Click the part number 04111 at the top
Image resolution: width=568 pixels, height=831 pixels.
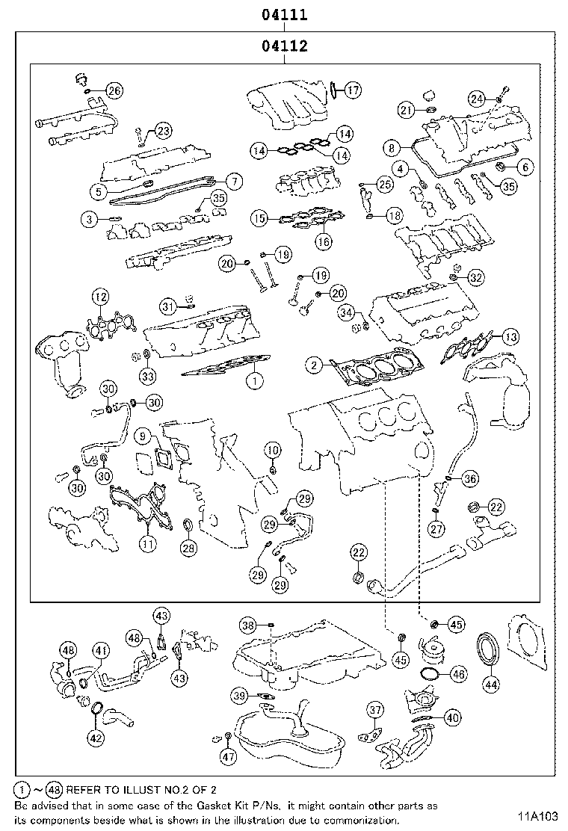pos(284,14)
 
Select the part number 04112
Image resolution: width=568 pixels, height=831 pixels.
pos(284,46)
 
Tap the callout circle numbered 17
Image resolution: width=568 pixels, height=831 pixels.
pos(353,90)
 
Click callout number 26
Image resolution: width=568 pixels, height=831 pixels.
pos(114,90)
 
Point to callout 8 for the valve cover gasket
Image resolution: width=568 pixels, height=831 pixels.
pos(392,148)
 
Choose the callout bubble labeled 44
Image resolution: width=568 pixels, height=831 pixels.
pos(491,685)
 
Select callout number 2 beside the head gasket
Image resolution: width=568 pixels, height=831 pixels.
pos(314,365)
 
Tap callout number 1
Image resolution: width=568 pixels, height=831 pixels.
pos(255,380)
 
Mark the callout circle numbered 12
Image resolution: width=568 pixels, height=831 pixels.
pos(101,297)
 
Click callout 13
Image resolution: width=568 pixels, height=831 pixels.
pos(510,336)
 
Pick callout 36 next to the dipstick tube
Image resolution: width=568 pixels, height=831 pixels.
pos(469,479)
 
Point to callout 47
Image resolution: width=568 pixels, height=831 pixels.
pos(229,757)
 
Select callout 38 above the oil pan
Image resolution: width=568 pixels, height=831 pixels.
pos(248,625)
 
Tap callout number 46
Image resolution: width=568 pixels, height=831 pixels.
pos(458,675)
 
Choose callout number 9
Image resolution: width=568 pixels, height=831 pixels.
pos(143,436)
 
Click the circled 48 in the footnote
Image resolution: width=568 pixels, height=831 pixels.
pos(54,790)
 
